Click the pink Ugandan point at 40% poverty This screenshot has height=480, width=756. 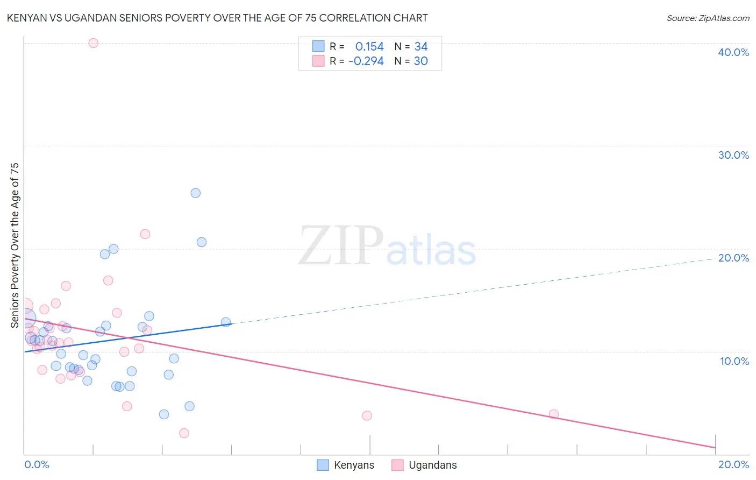[93, 43]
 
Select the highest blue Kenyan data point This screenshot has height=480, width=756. [196, 193]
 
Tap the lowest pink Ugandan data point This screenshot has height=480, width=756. [184, 433]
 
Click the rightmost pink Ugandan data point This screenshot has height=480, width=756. [554, 414]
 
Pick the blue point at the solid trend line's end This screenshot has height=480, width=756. [226, 322]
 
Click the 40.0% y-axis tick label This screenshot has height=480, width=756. [733, 52]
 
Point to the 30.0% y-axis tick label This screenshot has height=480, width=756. [733, 155]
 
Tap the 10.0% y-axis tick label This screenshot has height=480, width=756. [734, 361]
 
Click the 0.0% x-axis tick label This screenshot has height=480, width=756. [37, 464]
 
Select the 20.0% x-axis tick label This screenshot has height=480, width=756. [733, 464]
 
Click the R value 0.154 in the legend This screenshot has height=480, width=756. [369, 47]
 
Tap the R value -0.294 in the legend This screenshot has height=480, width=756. [366, 61]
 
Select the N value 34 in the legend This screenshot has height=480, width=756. [421, 47]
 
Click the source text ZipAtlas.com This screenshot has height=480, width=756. [708, 18]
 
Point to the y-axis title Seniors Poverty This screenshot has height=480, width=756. [15, 245]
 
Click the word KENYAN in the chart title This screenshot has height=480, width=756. [26, 18]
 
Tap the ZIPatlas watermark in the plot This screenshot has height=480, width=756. [387, 246]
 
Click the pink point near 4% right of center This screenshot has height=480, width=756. [367, 415]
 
